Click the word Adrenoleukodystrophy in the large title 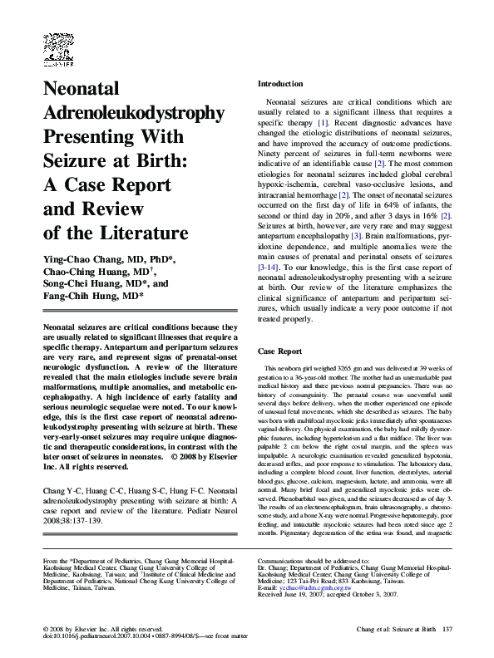[x=133, y=112]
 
